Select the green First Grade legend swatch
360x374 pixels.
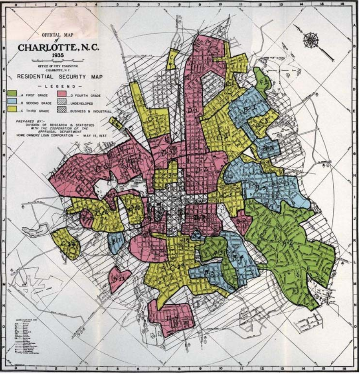pos(12,94)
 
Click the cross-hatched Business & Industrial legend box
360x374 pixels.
pos(61,111)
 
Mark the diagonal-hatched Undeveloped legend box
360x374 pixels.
pos(61,102)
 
